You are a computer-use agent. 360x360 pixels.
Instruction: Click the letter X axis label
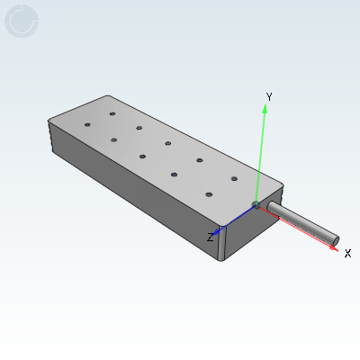coord(347,254)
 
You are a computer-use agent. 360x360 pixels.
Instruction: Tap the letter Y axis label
coord(269,96)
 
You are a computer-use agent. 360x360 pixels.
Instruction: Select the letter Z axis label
coord(210,238)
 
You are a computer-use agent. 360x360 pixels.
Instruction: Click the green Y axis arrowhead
coord(265,108)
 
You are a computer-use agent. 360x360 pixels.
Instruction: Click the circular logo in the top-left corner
coord(22,21)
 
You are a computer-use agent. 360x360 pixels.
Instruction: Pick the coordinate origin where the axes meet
coord(257,205)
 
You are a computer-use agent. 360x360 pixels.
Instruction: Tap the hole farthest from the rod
coord(87,125)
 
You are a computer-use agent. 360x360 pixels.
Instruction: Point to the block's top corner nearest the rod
coord(283,184)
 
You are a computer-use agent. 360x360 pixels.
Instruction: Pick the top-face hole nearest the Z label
coord(209,194)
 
